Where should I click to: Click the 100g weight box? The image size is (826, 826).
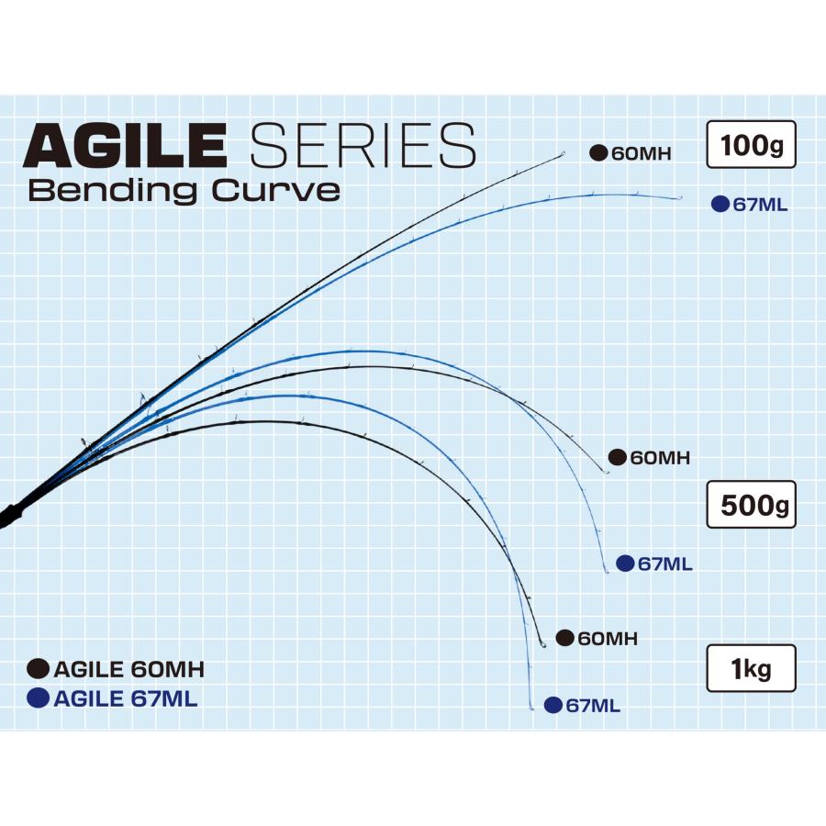(x=750, y=144)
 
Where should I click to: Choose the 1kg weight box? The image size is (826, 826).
(x=750, y=667)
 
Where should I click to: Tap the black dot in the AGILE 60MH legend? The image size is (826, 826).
(x=39, y=669)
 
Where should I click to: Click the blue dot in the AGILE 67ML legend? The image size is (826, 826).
(x=39, y=698)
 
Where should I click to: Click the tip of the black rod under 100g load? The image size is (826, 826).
(x=563, y=154)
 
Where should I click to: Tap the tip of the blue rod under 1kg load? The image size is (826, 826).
(x=532, y=709)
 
